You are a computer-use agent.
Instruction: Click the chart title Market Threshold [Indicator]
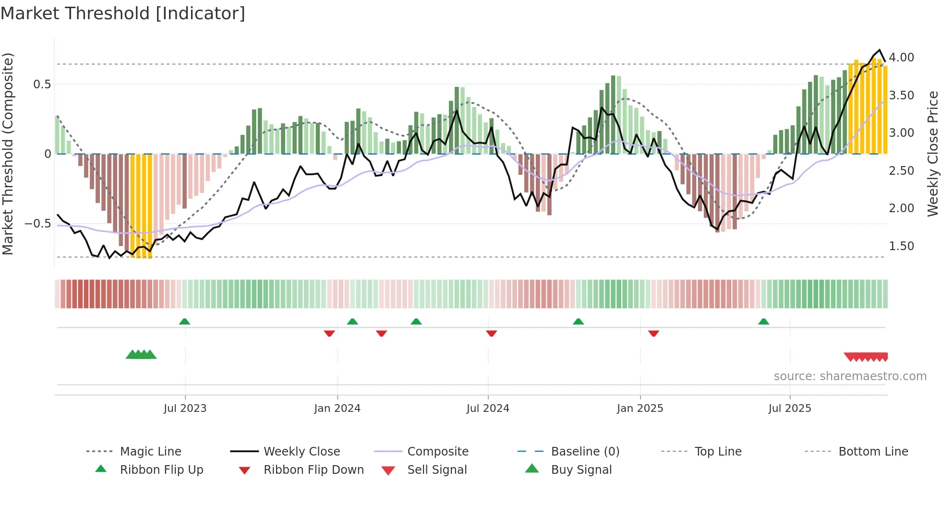(x=123, y=13)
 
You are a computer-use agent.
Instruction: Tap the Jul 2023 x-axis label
(x=185, y=409)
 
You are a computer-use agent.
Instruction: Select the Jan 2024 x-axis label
(x=337, y=409)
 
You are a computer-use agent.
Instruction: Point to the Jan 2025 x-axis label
(x=639, y=409)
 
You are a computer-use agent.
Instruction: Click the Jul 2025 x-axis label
(x=789, y=409)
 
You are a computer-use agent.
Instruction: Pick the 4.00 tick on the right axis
(x=901, y=58)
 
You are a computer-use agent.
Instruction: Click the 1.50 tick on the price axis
(x=901, y=246)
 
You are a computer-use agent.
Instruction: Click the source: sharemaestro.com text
(x=850, y=376)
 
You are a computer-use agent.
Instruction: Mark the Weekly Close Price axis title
(x=932, y=154)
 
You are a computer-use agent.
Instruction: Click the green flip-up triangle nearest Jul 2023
(x=184, y=322)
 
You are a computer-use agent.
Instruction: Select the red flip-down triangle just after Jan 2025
(x=653, y=333)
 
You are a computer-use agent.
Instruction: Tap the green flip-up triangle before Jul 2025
(x=763, y=322)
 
